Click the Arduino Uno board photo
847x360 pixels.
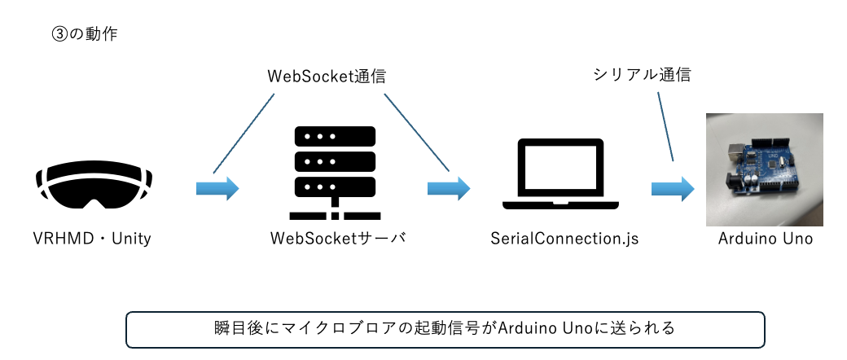pyautogui.click(x=764, y=169)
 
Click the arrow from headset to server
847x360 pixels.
pyautogui.click(x=217, y=190)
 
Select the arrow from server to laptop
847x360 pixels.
pyautogui.click(x=449, y=190)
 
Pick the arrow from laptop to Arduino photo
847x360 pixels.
pyautogui.click(x=672, y=190)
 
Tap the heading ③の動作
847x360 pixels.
pyautogui.click(x=84, y=36)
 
